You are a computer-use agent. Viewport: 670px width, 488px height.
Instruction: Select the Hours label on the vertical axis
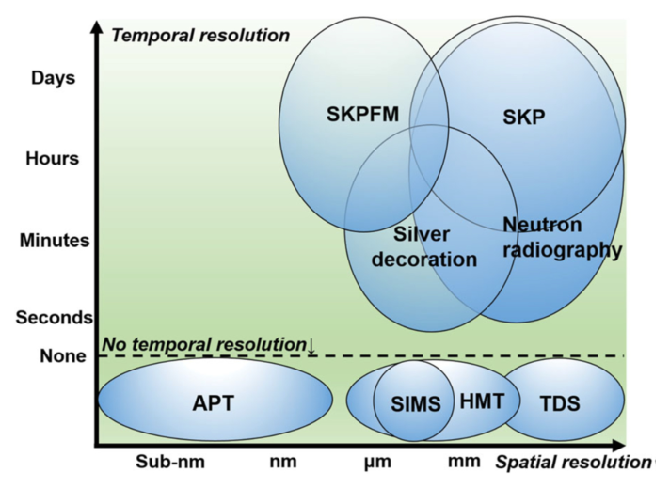(x=52, y=158)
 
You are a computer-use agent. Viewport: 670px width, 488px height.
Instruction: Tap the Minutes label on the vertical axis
(x=55, y=240)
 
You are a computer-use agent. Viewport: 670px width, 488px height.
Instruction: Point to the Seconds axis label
(x=54, y=318)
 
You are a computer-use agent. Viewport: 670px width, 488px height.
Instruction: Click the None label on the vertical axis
(x=62, y=356)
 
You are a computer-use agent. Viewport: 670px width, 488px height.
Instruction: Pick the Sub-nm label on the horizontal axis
(x=169, y=462)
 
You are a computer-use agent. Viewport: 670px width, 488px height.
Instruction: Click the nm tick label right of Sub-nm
(x=282, y=462)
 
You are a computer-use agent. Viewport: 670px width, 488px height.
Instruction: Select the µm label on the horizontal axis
(x=377, y=462)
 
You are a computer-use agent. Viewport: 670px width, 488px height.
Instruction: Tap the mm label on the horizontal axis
(x=462, y=462)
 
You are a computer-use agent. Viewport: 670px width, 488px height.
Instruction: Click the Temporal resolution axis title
(x=200, y=36)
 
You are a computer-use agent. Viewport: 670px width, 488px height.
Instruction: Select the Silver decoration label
(x=424, y=246)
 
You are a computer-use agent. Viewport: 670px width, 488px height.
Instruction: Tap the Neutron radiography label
(x=562, y=238)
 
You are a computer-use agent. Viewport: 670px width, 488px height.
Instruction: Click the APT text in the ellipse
(x=213, y=404)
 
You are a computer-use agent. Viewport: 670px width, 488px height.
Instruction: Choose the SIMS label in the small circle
(x=415, y=405)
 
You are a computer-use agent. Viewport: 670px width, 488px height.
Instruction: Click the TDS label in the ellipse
(x=560, y=405)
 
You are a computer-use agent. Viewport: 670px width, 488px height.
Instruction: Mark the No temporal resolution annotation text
(x=202, y=344)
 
